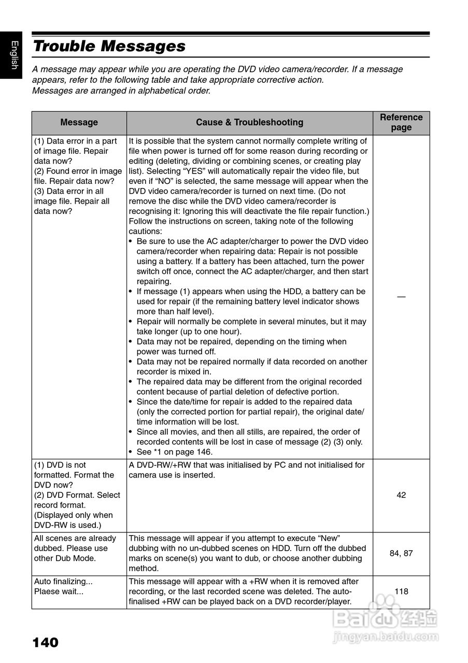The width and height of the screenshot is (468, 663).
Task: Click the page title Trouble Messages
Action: pos(109,46)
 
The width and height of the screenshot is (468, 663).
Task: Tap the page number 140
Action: pos(45,643)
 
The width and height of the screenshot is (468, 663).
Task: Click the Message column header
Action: pos(79,123)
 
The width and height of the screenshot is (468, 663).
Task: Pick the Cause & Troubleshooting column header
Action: pos(249,123)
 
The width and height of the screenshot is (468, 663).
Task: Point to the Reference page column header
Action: pos(401,123)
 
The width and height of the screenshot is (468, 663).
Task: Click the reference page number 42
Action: pos(401,495)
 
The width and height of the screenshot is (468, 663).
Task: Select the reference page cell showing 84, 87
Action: pos(401,553)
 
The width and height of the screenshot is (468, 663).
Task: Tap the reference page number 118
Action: pos(401,592)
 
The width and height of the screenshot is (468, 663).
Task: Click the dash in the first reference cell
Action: pos(401,296)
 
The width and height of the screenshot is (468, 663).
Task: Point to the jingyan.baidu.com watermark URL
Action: pos(386,636)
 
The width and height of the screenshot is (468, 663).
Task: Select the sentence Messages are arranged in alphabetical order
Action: pos(121,91)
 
